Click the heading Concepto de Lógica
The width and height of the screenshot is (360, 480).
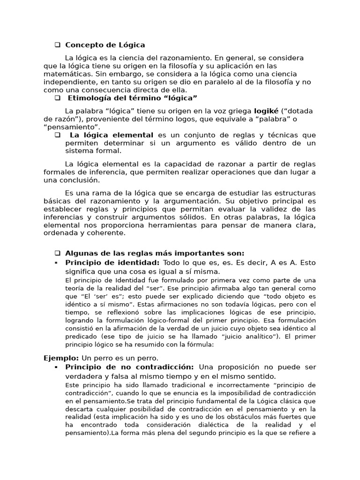pyautogui.click(x=105, y=45)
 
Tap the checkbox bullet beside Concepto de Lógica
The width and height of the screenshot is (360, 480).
pyautogui.click(x=57, y=45)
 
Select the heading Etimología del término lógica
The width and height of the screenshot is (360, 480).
pyautogui.click(x=133, y=98)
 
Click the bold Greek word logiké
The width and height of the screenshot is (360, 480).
pyautogui.click(x=266, y=111)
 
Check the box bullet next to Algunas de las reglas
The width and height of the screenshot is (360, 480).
pyautogui.click(x=57, y=253)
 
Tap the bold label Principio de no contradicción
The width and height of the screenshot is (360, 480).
pyautogui.click(x=129, y=367)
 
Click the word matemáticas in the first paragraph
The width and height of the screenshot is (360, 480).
pyautogui.click(x=64, y=74)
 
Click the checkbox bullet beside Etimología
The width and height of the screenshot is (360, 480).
pyautogui.click(x=57, y=98)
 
